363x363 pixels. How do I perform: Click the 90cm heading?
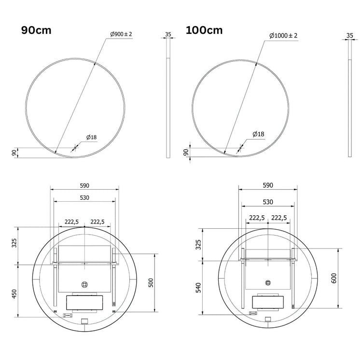point(36,30)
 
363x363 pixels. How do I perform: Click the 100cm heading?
point(204,30)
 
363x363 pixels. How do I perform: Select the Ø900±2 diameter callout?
point(121,34)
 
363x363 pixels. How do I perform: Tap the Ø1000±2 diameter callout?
point(283,36)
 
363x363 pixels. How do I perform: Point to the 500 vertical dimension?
point(151,283)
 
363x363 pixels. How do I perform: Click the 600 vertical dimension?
point(334,278)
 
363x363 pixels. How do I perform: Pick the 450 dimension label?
point(14,294)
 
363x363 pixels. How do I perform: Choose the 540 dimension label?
point(198,288)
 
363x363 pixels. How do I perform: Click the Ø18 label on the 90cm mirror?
point(91,137)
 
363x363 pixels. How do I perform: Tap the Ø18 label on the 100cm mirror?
point(258,134)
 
